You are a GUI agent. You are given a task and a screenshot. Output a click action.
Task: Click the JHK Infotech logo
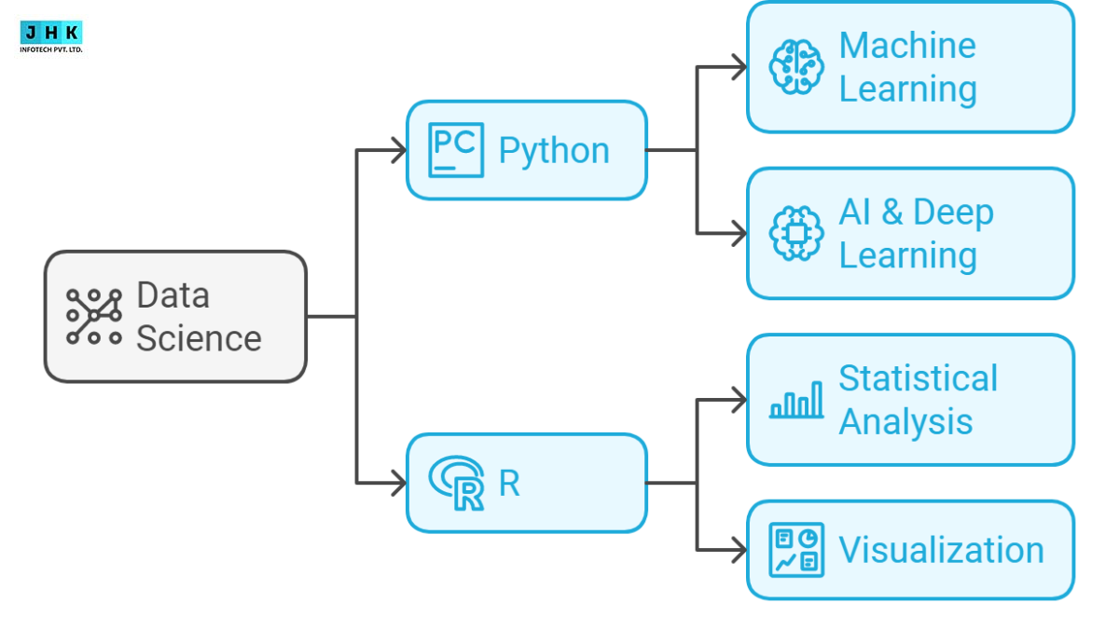click(x=51, y=36)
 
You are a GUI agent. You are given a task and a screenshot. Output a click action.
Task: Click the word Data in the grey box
click(x=173, y=295)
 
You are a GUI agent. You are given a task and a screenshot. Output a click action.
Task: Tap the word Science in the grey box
click(x=199, y=338)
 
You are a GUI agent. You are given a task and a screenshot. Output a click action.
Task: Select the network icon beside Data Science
click(x=94, y=317)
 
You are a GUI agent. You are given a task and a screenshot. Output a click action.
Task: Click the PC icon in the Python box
click(x=456, y=150)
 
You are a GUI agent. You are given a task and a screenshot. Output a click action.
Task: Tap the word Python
click(x=554, y=150)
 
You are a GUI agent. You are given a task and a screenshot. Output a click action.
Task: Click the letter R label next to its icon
click(x=509, y=484)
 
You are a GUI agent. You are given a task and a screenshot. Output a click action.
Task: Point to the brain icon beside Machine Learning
click(x=796, y=67)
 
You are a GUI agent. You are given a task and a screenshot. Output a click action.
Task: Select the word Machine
click(x=906, y=46)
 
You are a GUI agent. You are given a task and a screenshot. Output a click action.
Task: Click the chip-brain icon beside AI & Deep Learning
click(x=796, y=233)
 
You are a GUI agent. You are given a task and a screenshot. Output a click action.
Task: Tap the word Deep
click(x=953, y=212)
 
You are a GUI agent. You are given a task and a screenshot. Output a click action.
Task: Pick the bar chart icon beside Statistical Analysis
click(x=796, y=400)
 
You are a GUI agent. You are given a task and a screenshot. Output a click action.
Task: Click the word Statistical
click(x=918, y=378)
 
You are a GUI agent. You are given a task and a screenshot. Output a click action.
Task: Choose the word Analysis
click(x=905, y=421)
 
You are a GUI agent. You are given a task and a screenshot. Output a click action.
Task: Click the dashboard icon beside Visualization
click(x=796, y=549)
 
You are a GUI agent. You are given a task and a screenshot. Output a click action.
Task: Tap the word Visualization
click(x=941, y=549)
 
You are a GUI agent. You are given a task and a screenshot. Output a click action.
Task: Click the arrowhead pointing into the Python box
click(x=398, y=150)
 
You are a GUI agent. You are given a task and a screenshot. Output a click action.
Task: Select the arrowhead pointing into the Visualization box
click(x=739, y=550)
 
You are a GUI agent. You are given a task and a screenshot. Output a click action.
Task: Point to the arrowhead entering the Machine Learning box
click(x=739, y=67)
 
